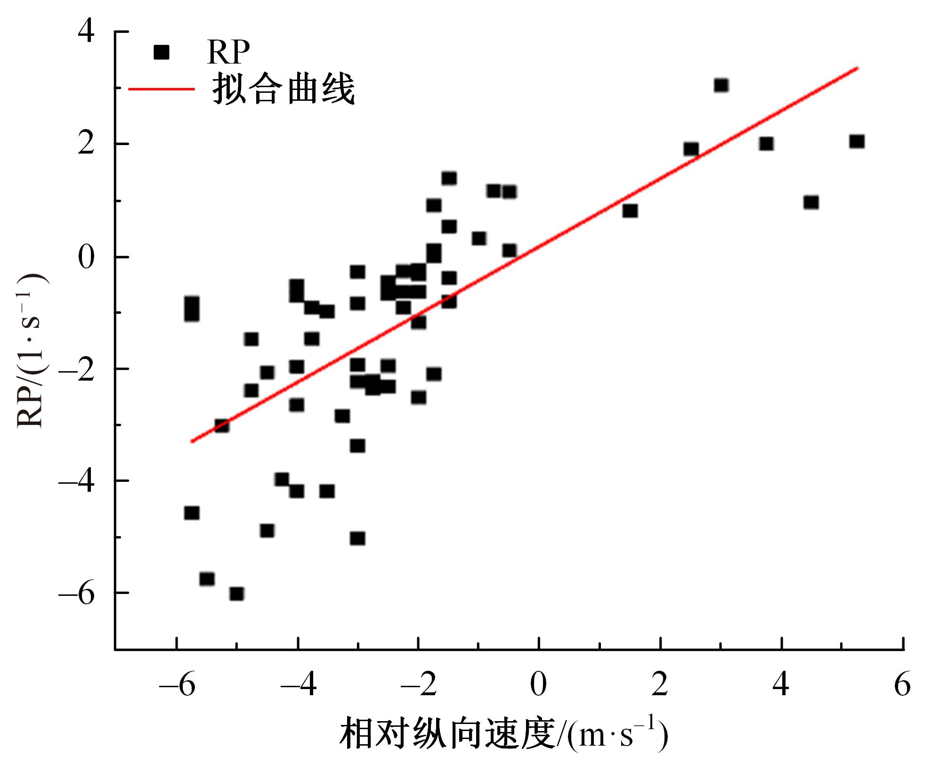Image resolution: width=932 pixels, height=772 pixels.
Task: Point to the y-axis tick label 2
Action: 86,144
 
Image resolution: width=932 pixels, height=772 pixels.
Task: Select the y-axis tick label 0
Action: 86,257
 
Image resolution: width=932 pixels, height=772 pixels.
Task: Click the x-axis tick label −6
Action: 177,685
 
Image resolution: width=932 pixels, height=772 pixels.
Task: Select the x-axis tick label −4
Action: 299,685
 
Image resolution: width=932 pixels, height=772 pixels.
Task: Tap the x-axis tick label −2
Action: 419,685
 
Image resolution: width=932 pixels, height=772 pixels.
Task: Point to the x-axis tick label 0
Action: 538,685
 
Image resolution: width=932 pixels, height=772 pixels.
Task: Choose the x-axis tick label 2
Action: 660,685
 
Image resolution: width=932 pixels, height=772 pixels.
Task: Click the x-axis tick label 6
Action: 902,685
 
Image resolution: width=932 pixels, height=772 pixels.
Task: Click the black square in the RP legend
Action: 161,52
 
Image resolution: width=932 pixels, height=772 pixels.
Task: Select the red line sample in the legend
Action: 161,89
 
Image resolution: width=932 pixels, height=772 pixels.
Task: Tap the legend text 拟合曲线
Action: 284,89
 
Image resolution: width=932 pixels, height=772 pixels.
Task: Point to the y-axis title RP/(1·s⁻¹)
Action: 32,351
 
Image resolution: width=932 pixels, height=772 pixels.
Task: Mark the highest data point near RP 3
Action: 721,86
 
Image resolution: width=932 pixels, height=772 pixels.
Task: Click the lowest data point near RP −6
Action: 236,594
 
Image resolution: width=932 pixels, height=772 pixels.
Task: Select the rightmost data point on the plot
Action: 857,142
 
